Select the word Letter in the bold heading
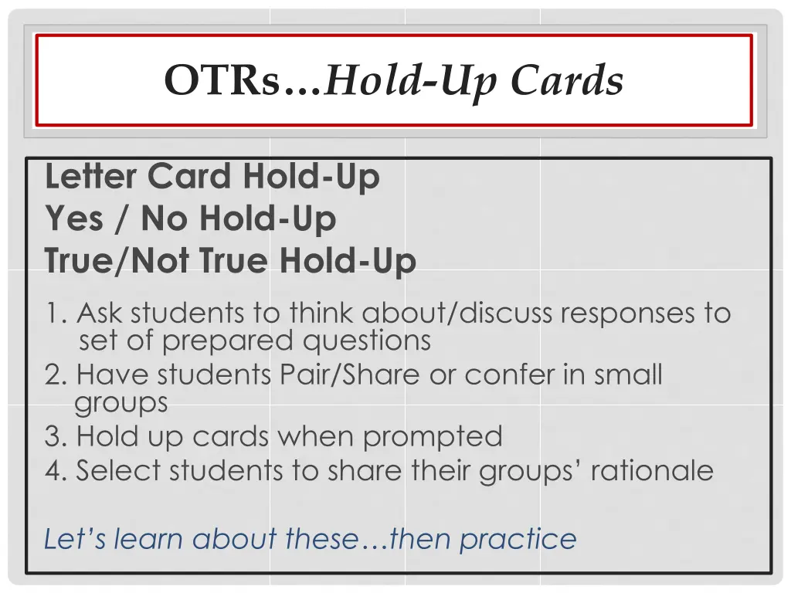(91, 177)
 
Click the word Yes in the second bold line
(74, 219)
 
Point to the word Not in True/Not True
(161, 260)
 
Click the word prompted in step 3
(433, 437)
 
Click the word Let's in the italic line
(74, 538)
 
